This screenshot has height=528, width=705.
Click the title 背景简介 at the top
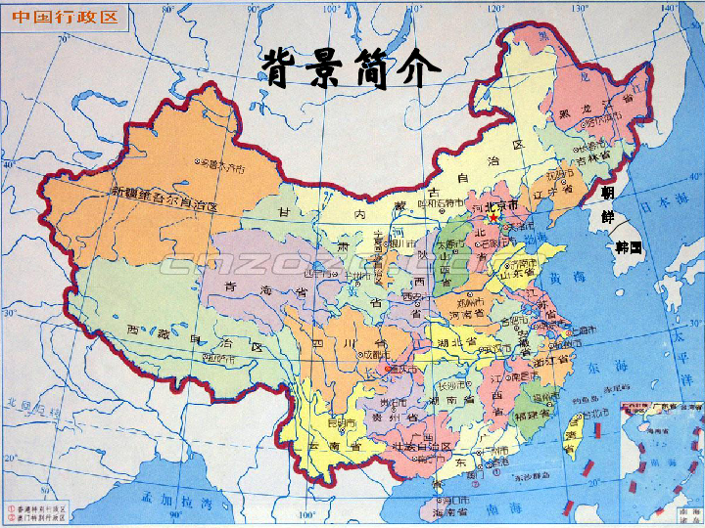point(352,68)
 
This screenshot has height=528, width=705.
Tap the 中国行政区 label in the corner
point(65,18)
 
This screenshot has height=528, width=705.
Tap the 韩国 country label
point(629,247)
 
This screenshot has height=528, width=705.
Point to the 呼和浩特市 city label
point(438,203)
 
